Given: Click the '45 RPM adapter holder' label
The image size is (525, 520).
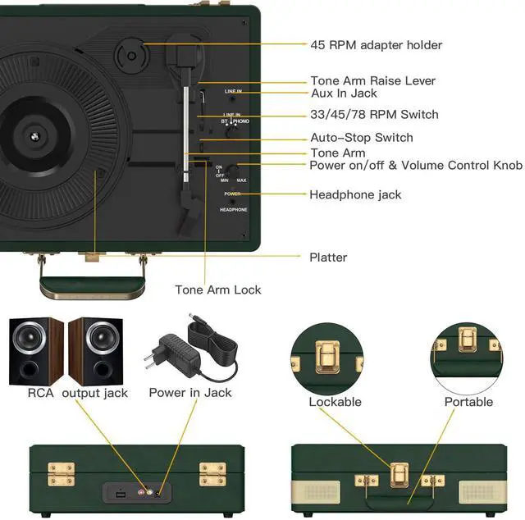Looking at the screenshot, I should pos(376,44).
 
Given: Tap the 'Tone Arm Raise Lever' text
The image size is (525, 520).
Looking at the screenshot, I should pos(372,80).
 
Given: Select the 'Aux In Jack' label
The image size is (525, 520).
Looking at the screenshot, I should pos(343,94).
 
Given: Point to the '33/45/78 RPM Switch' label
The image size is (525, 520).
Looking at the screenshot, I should pos(374,114).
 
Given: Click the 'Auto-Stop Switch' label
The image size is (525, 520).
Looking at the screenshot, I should pos(361,137).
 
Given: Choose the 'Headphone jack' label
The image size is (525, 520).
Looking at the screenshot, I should pos(355,194).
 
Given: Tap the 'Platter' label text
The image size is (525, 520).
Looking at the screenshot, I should pos(328,257).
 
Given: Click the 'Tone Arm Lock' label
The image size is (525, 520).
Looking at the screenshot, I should pos(218,290).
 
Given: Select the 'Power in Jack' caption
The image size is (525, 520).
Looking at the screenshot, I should pos(190,393).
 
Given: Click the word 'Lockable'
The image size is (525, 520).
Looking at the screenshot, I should pos(335,402).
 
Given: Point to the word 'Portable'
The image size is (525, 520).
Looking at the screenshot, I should pos(468,402).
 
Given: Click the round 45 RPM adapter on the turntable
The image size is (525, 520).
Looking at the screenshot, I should pos(131,56).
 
